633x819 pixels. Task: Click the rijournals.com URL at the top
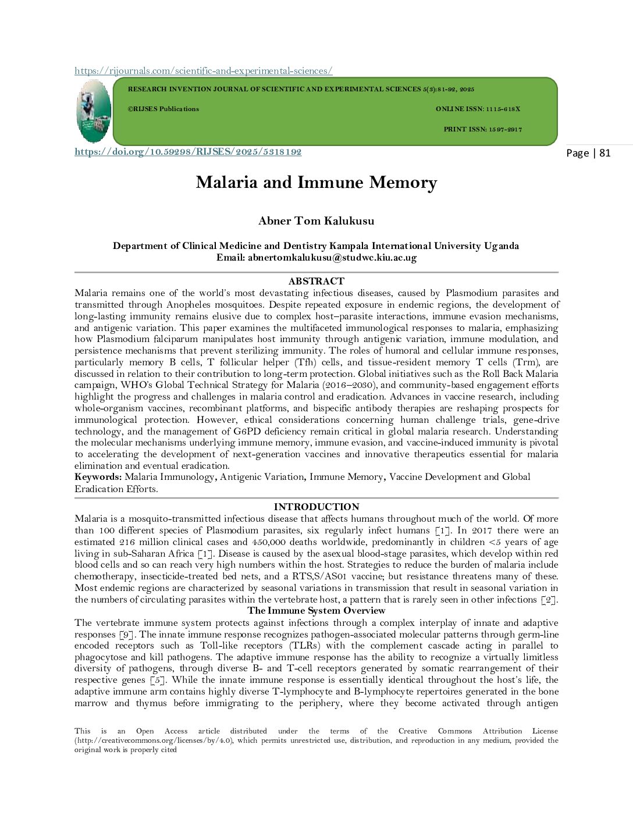(203, 71)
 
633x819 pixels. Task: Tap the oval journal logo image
(93, 111)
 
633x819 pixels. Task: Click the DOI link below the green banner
(188, 152)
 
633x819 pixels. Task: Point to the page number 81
(604, 153)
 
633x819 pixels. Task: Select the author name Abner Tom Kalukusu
(316, 221)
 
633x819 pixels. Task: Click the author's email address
(332, 258)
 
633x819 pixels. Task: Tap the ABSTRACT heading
(316, 282)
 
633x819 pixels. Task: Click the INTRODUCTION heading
(316, 507)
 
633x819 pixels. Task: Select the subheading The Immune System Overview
(316, 611)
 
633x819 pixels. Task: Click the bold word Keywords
(98, 477)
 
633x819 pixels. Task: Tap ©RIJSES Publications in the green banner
(163, 109)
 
